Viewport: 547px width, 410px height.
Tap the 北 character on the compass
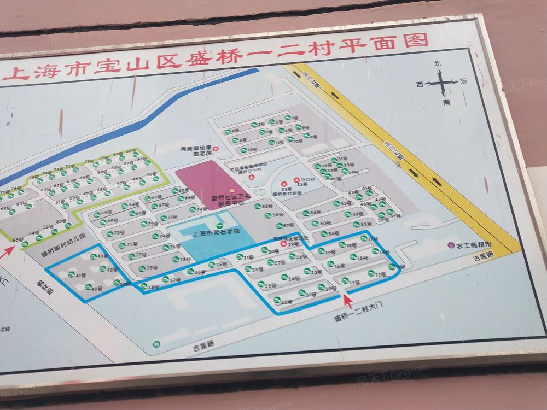(437, 65)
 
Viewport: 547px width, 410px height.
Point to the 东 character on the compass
(463, 81)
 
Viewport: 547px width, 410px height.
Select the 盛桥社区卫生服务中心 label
(230, 199)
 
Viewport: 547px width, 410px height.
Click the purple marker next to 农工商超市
(451, 246)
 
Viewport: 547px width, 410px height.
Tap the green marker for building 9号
(306, 136)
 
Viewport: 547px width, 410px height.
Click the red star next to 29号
(283, 244)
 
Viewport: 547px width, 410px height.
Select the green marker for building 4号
(226, 132)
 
